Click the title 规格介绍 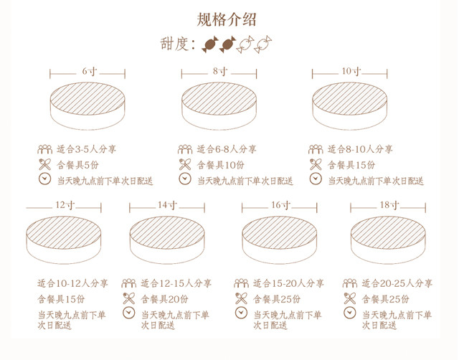[227, 19]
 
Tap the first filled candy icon [210, 44]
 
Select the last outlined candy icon [263, 44]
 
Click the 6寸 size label [89, 71]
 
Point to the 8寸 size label [220, 71]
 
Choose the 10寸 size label [351, 71]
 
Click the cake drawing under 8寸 [219, 106]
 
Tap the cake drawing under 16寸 [280, 240]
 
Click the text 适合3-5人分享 [86, 149]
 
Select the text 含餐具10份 [220, 165]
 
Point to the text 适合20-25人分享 [397, 283]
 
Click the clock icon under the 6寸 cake [44, 179]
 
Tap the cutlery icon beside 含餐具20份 [129, 298]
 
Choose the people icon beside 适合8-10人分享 [316, 149]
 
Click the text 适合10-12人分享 [72, 283]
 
